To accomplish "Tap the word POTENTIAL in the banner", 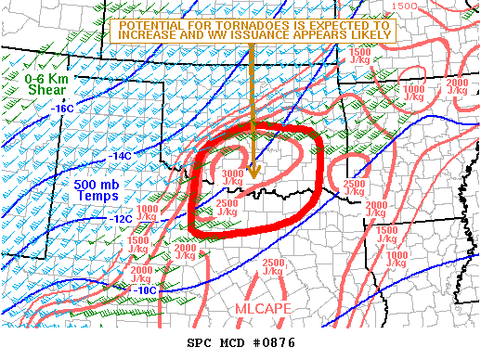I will [150, 22].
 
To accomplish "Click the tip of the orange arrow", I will [253, 176].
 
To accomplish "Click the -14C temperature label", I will [121, 155].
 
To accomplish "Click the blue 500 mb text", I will [95, 184].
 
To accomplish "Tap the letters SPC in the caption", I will [200, 343].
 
